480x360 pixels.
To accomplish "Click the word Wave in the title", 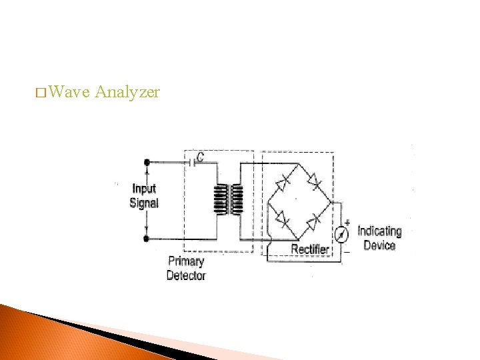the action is pos(69,92).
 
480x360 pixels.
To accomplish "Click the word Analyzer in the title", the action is pos(127,93).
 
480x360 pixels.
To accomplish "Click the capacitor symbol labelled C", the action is pos(193,161).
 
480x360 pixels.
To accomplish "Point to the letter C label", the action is pos(200,157).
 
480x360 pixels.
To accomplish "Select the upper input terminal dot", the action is pos(147,161).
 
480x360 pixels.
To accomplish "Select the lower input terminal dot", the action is pos(147,238).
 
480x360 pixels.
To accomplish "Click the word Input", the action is pos(144,189).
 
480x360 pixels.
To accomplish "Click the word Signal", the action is pos(144,203).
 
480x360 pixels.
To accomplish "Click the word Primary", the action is pos(186,261).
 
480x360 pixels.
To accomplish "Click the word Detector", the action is pos(186,275).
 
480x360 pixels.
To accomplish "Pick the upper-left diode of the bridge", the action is pos(283,180).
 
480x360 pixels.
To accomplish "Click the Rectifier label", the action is pos(310,249).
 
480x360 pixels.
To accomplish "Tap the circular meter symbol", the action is pos(341,234).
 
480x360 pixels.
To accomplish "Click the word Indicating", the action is pos(379,231).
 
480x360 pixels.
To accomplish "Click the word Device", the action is pos(379,245).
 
